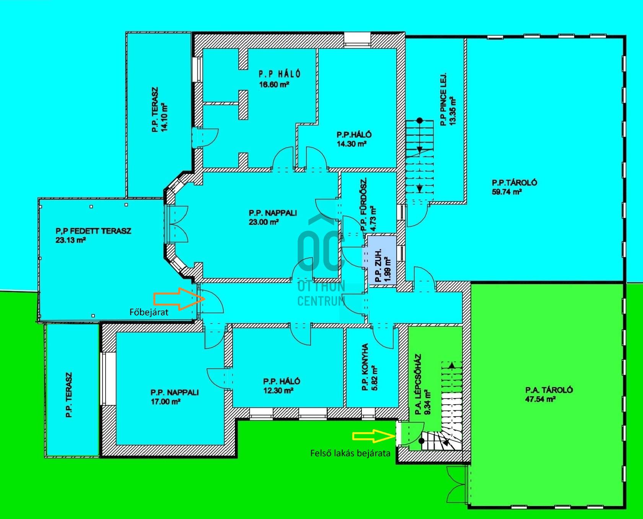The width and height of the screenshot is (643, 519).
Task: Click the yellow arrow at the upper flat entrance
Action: [374, 436]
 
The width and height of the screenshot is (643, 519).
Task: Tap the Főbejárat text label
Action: [149, 312]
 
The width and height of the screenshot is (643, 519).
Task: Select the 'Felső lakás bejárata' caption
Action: [350, 453]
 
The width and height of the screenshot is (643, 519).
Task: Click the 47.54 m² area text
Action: [540, 399]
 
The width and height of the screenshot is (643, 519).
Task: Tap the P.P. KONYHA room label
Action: [365, 367]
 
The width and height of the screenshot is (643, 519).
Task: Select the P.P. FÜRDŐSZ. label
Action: [364, 205]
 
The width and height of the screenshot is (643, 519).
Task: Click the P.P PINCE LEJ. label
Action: [443, 99]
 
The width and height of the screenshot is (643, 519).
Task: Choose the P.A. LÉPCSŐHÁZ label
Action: [418, 384]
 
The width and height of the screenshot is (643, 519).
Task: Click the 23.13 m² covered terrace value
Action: [70, 240]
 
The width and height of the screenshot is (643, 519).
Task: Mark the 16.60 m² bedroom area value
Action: [274, 85]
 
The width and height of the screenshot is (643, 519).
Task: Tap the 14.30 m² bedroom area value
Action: [352, 144]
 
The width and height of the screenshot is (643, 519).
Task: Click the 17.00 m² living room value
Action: [166, 402]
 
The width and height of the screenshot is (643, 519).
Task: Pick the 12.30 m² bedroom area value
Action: [278, 390]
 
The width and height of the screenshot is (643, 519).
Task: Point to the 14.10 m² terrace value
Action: [164, 117]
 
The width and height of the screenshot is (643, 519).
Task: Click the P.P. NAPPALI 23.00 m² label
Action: [273, 217]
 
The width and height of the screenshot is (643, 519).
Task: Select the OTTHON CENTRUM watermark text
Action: [322, 293]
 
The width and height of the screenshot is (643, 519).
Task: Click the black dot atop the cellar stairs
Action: [420, 120]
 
